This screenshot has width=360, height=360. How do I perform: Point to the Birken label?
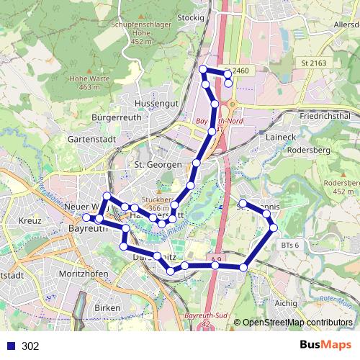point(107,307)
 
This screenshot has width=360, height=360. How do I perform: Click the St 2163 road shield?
point(314,63)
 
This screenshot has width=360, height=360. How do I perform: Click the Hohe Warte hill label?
point(85,82)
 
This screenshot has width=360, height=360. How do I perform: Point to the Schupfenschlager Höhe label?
point(140,32)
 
